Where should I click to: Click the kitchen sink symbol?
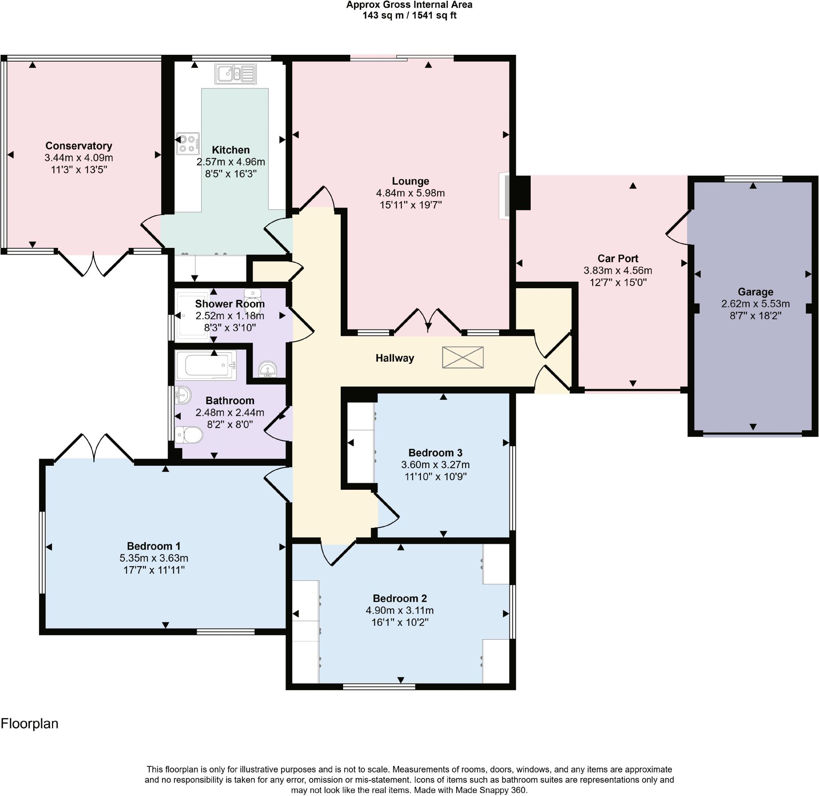[x=236, y=74]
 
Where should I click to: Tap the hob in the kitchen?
[x=188, y=144]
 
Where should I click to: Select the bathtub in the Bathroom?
[x=206, y=365]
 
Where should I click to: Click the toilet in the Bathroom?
[x=189, y=435]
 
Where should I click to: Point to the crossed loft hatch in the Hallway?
[x=463, y=357]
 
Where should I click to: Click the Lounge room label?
[x=411, y=181]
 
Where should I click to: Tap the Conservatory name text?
[x=79, y=146]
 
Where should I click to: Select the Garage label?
[x=755, y=292]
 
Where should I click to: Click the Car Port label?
[x=618, y=258]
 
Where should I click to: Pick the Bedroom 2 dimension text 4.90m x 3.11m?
[x=400, y=610]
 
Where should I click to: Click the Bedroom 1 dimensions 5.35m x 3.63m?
[x=154, y=558]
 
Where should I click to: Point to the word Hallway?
[x=395, y=358]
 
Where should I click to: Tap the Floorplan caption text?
[x=29, y=724]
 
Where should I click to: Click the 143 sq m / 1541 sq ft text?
[x=409, y=16]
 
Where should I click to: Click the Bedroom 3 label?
[x=435, y=453]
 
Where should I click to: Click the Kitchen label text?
[x=231, y=150]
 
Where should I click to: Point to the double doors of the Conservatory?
[x=93, y=263]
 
